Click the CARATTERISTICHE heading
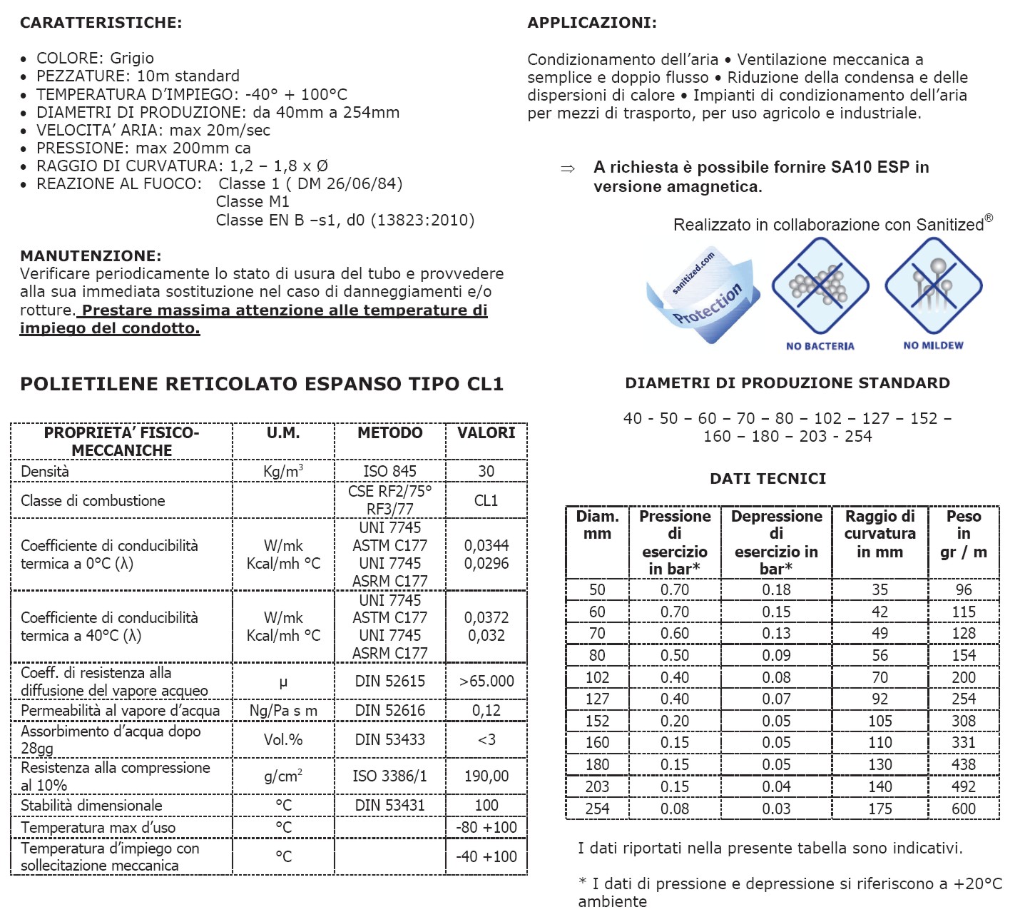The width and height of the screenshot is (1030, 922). [x=101, y=23]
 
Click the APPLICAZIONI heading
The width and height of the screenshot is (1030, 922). [x=591, y=23]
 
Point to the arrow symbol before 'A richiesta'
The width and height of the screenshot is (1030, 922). [x=568, y=169]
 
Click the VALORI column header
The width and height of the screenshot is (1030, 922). [x=486, y=433]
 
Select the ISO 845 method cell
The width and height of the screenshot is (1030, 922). [x=389, y=471]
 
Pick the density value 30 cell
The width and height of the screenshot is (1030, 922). [x=486, y=471]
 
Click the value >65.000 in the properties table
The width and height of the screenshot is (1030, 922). [x=486, y=681]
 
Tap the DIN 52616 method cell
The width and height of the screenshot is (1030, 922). [x=389, y=710]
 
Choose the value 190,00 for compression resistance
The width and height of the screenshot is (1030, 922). [x=486, y=776]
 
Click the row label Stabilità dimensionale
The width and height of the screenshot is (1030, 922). [x=91, y=805]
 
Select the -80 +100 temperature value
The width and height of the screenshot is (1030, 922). [x=486, y=827]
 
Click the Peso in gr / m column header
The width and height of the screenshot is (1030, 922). [x=963, y=534]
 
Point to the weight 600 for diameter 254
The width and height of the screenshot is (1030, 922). [x=963, y=809]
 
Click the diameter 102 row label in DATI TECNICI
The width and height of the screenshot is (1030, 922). [x=597, y=677]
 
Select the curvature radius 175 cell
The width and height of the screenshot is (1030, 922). [x=879, y=809]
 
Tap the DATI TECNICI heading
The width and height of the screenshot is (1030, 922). [x=768, y=479]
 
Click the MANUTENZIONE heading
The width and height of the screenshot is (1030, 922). [x=91, y=256]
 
